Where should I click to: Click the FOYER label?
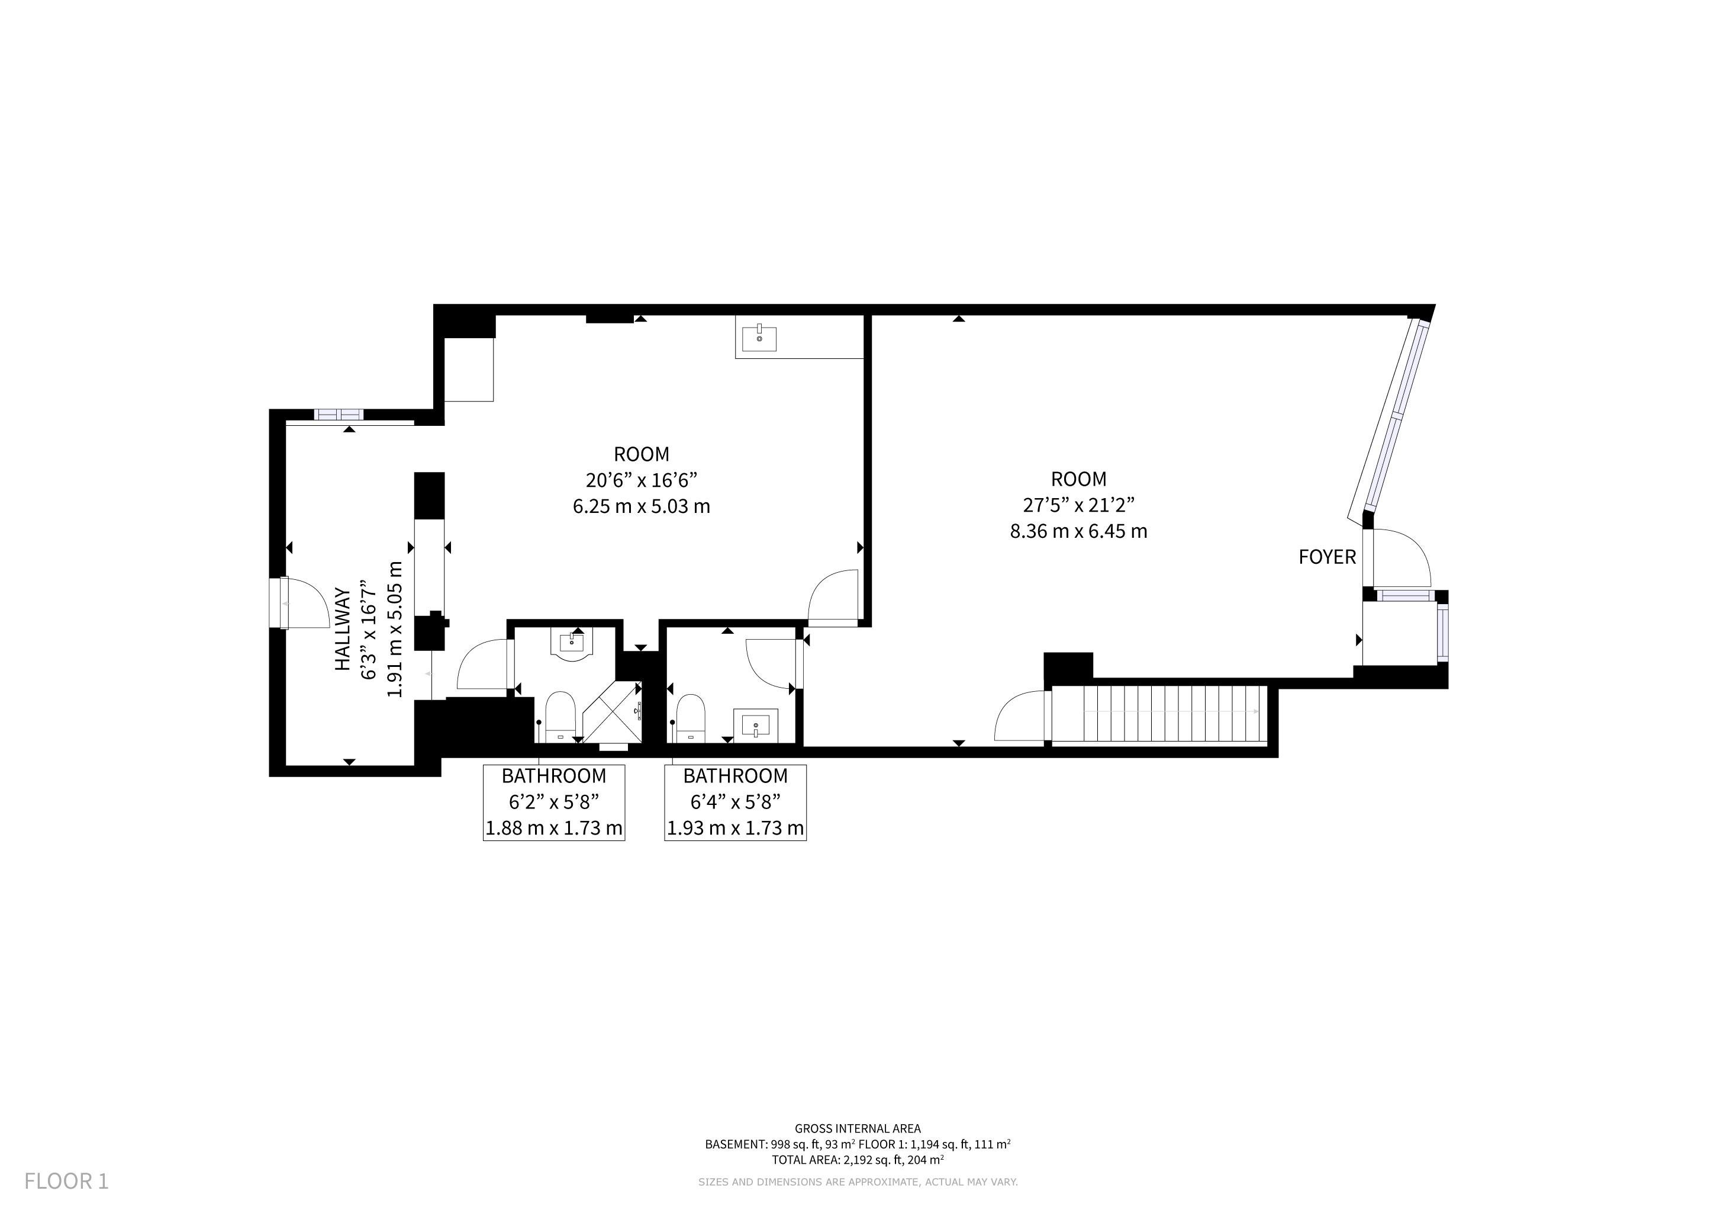click(x=1326, y=557)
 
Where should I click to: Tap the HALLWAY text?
click(x=342, y=629)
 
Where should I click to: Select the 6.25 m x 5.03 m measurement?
click(x=641, y=506)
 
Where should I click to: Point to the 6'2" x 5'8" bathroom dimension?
click(x=554, y=802)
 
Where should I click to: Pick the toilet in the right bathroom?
click(x=691, y=718)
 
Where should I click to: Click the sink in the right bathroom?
click(x=756, y=724)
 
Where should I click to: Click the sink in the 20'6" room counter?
click(x=759, y=338)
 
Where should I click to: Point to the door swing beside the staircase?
click(x=1020, y=715)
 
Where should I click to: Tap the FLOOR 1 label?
click(x=66, y=1181)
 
